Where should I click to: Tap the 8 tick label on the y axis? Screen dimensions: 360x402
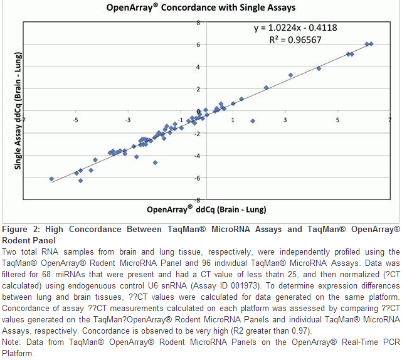click(198, 23)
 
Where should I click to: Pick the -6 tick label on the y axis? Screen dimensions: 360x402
click(197, 178)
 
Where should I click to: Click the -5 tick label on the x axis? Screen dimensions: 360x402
click(75, 119)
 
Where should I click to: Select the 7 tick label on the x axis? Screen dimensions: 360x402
click(389, 119)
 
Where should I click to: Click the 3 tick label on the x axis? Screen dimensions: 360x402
click(285, 119)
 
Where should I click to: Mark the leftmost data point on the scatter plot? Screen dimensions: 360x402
click(51, 179)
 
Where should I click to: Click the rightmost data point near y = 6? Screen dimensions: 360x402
click(371, 44)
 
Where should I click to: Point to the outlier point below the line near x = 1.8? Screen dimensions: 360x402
click(253, 121)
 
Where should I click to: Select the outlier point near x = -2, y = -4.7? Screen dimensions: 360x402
click(155, 162)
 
